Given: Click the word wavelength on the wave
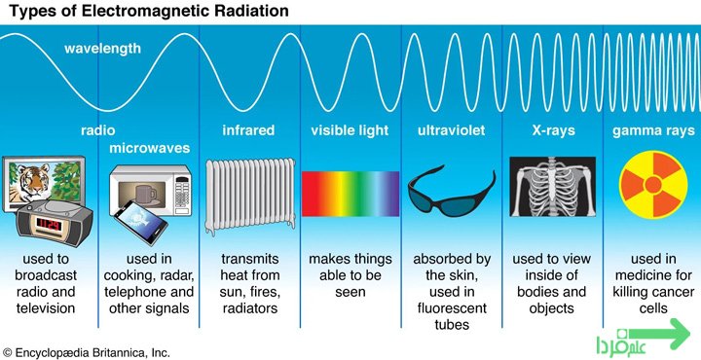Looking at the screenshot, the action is coord(102,48).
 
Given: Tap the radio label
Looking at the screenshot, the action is coord(98,130).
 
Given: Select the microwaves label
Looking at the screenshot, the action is coord(150,148).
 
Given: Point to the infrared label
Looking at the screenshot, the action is coord(248,130).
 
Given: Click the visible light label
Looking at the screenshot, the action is coord(350,130).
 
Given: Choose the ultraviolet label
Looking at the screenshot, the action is coord(451,130).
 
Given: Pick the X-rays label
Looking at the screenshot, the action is coord(553,130).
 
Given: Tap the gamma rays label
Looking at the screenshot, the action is coord(653,131).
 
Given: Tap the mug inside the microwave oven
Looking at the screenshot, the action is coord(145,196).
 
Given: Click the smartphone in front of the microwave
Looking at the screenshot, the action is coord(141,223).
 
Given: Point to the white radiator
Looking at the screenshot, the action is coord(250,196).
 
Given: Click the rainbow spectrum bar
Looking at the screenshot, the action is coord(350,195).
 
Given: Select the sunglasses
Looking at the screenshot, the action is coord(452,192).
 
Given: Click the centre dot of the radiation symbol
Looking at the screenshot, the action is coord(653,184).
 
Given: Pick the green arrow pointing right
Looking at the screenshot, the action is coord(658,334).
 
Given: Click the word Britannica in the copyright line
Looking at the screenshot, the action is coord(109,353).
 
